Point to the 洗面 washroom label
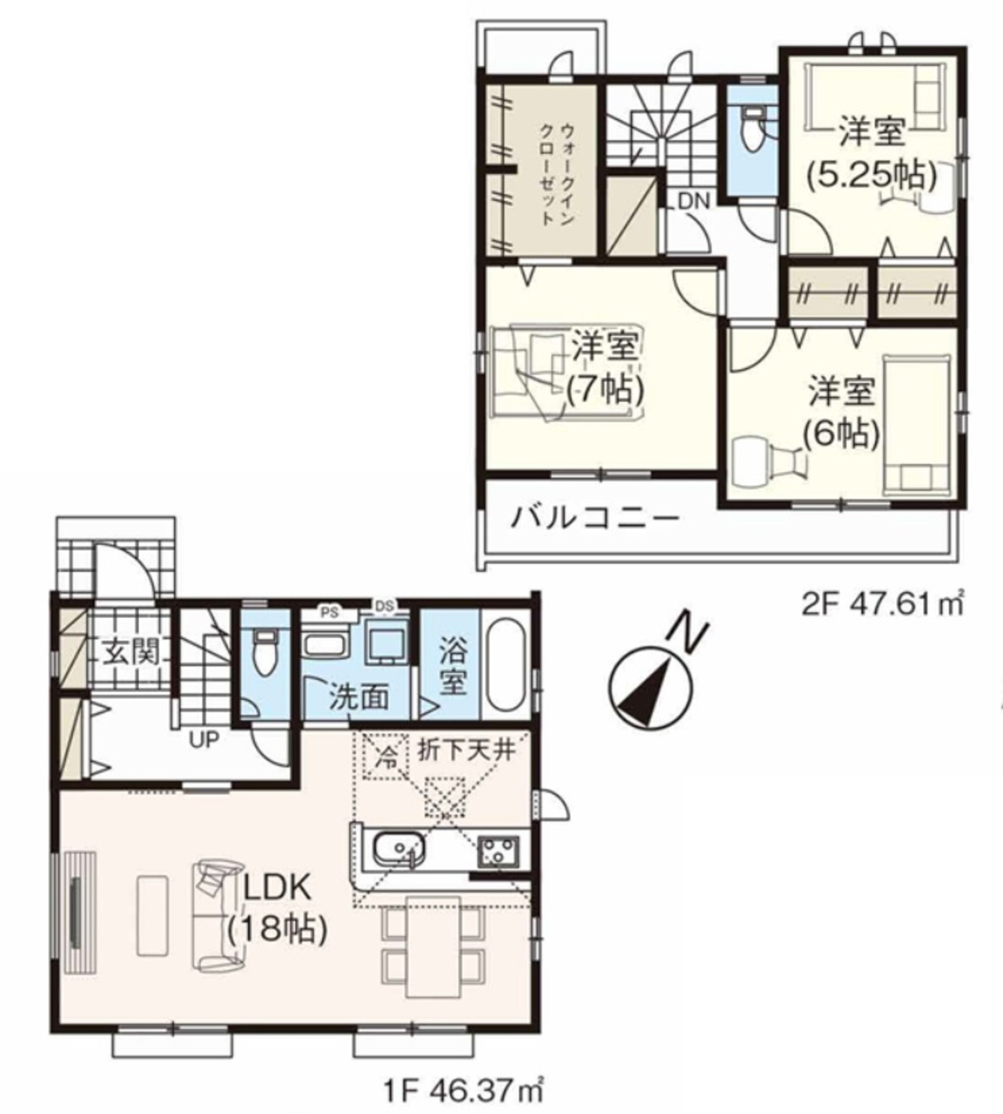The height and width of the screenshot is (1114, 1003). coord(358,699)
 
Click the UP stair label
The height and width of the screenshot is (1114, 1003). coord(204,740)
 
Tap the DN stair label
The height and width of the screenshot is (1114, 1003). coord(694,202)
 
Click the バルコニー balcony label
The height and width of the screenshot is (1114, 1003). coord(594,519)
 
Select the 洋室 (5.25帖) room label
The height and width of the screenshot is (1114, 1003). coord(872,152)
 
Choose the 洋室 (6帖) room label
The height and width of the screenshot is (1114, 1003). coord(841,412)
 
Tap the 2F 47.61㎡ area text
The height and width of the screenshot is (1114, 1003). coord(882,604)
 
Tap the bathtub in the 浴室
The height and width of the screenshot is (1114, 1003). coord(505,667)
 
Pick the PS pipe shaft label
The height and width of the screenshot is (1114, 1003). coord(327,613)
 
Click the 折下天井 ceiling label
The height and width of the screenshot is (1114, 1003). coord(467,752)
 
